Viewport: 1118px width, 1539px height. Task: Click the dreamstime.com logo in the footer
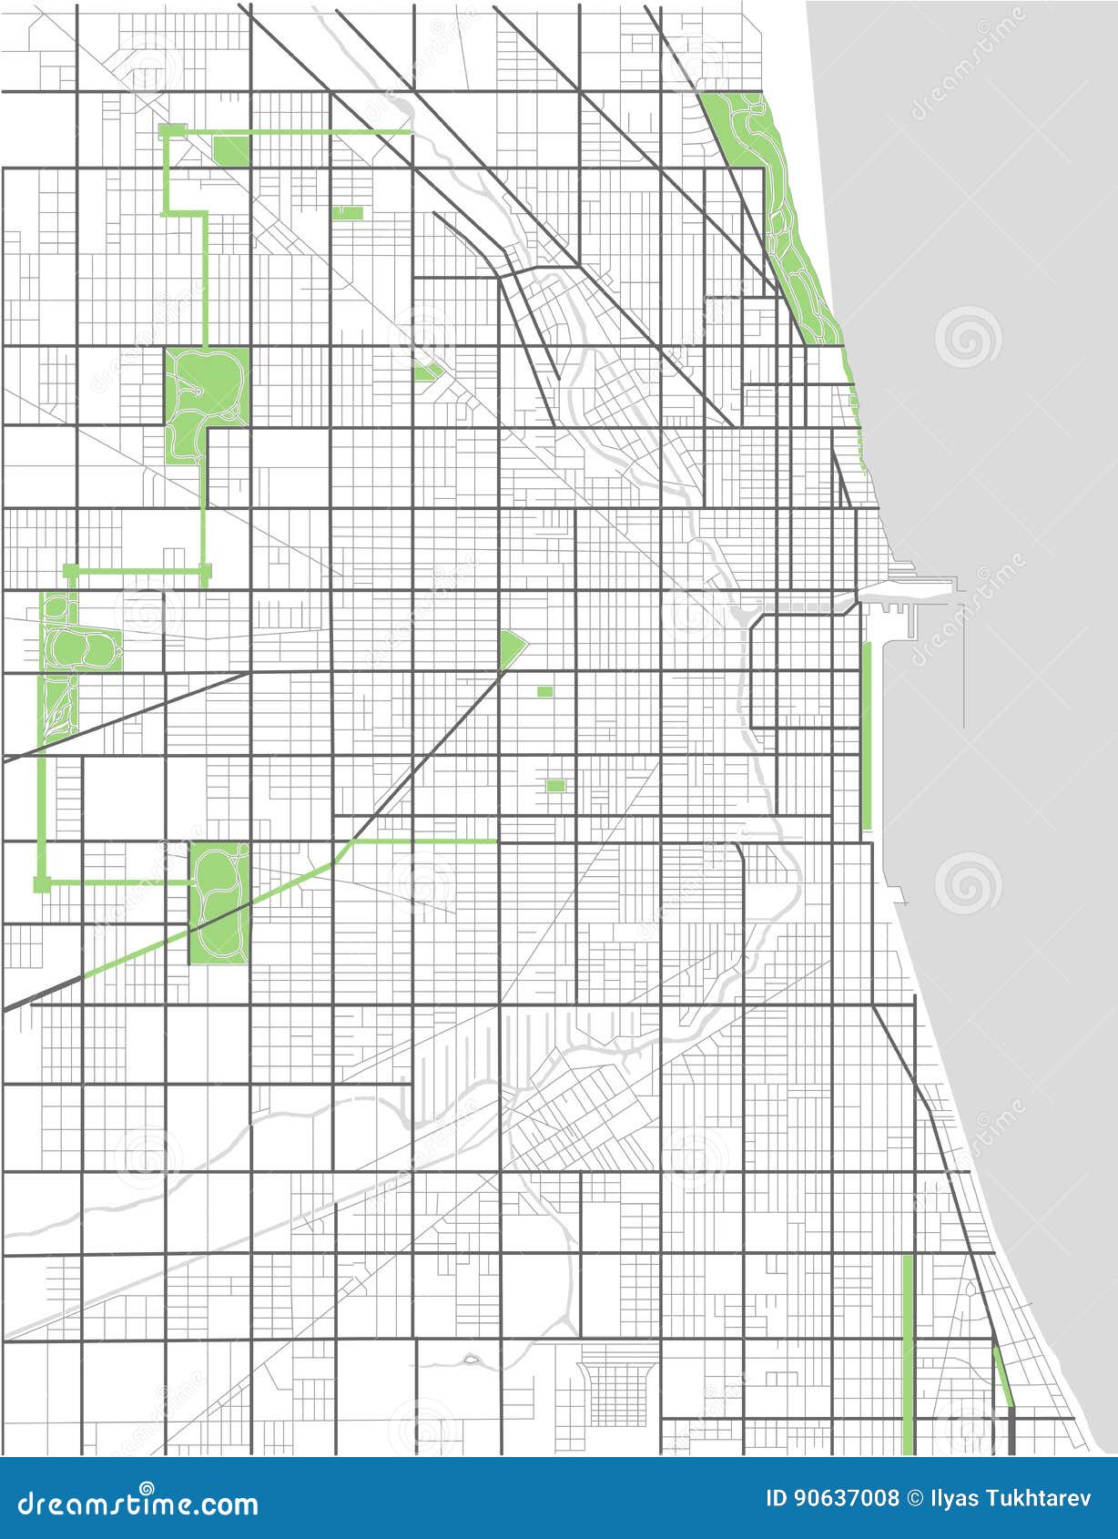pyautogui.click(x=137, y=1503)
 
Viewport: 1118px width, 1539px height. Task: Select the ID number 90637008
pyautogui.click(x=832, y=1498)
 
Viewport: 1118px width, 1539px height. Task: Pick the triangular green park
pyautogui.click(x=511, y=648)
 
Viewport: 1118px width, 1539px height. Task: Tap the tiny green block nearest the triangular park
pyautogui.click(x=544, y=691)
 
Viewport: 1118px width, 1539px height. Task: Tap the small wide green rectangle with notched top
pyautogui.click(x=347, y=213)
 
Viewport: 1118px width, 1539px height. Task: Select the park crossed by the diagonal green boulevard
pyautogui.click(x=219, y=902)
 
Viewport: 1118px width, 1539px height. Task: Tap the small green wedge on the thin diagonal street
pyautogui.click(x=424, y=371)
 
